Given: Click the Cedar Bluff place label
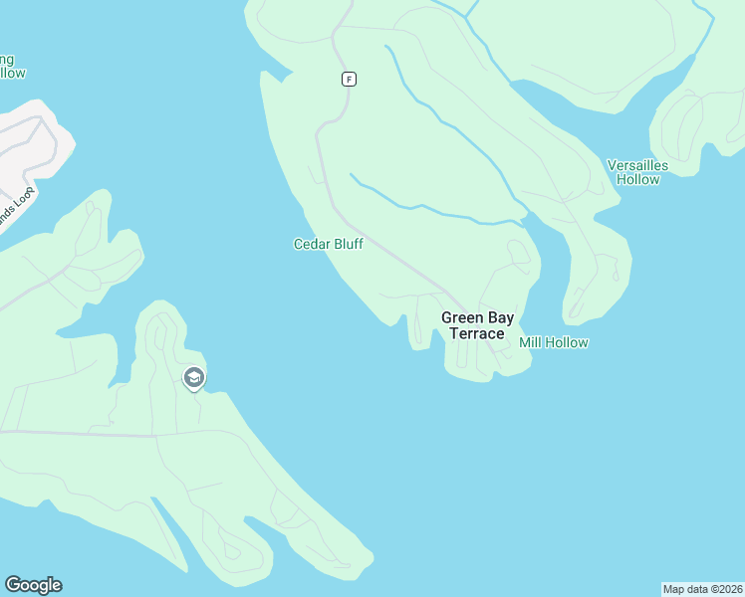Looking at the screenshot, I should click(x=328, y=244).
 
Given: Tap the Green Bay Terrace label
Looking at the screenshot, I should click(x=477, y=325).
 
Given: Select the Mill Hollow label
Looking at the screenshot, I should click(x=554, y=342).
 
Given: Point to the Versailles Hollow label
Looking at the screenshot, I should click(x=637, y=172).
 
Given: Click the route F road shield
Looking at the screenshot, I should click(x=349, y=79).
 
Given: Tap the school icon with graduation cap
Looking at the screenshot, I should click(x=193, y=378).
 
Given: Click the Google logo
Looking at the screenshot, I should click(x=33, y=585).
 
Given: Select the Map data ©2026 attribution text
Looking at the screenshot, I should click(x=702, y=588).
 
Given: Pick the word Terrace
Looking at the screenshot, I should click(x=477, y=333).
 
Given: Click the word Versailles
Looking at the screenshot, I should click(x=637, y=165).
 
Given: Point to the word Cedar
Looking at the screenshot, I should click(x=311, y=244).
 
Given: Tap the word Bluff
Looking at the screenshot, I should click(x=347, y=244).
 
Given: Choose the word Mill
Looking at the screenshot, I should click(x=531, y=342).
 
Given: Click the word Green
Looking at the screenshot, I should click(x=462, y=317).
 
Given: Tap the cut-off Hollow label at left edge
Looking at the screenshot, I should click(x=12, y=73).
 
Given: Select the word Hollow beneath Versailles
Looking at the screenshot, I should click(x=637, y=180).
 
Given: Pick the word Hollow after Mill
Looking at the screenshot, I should click(x=567, y=342).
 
